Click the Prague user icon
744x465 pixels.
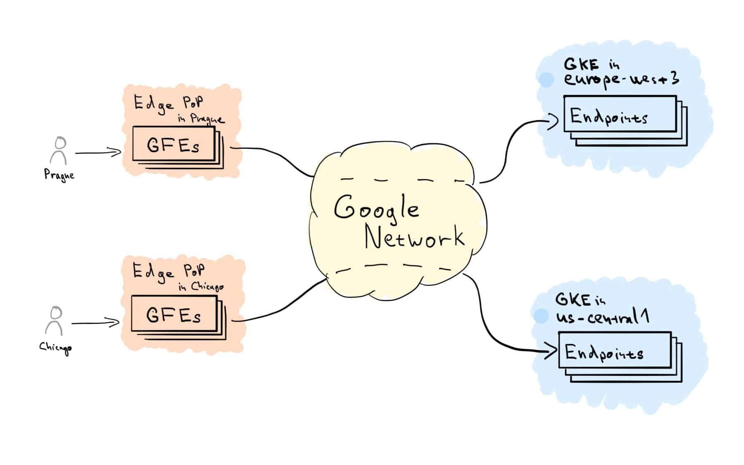point(59,151)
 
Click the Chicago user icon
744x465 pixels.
point(54,321)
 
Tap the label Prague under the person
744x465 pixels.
point(60,175)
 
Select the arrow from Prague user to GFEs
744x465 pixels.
point(98,153)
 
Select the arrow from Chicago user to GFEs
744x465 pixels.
point(95,323)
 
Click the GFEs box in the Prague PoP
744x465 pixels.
point(174,144)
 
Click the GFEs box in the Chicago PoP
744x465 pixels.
point(174,314)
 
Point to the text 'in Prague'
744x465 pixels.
point(201,119)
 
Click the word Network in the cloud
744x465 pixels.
point(414,237)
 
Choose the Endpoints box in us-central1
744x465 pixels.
point(615,350)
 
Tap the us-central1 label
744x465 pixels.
point(602,317)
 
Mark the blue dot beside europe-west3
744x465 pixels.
point(547,80)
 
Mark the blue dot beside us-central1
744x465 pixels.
point(540,316)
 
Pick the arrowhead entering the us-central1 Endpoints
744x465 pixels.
point(551,352)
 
